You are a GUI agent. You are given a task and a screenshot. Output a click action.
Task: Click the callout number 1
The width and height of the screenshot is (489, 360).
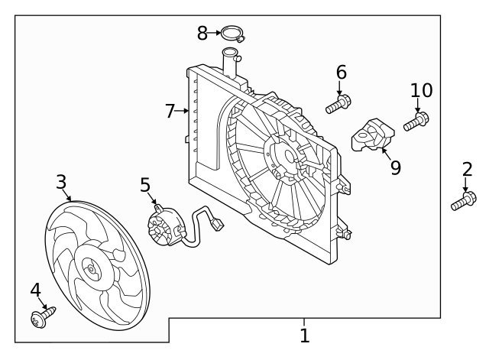point(304,335)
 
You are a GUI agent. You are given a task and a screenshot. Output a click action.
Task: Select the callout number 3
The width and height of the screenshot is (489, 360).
point(61,182)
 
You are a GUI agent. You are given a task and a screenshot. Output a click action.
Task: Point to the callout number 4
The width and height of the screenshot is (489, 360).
point(35,290)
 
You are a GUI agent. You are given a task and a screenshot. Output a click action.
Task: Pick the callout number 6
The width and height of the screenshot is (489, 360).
point(341,73)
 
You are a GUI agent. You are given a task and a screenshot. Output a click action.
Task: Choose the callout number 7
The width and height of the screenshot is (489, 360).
point(170,112)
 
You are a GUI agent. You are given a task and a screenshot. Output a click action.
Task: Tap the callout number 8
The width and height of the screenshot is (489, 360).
point(202,33)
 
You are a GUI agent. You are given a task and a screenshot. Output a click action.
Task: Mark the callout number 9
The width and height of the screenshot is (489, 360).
point(395,167)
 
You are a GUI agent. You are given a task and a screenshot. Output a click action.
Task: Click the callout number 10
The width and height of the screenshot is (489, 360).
point(421,91)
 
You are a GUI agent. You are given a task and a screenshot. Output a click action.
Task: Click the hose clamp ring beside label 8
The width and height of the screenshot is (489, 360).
point(231,34)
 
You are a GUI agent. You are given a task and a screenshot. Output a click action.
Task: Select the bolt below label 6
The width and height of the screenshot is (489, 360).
point(338,104)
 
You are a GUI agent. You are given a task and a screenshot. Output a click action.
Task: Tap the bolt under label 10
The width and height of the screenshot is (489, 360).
point(416,122)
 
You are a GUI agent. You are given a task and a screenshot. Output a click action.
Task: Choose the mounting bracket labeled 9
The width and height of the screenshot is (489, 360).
point(372,135)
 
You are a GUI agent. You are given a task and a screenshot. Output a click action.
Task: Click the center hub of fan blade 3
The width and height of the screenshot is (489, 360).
point(92,268)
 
